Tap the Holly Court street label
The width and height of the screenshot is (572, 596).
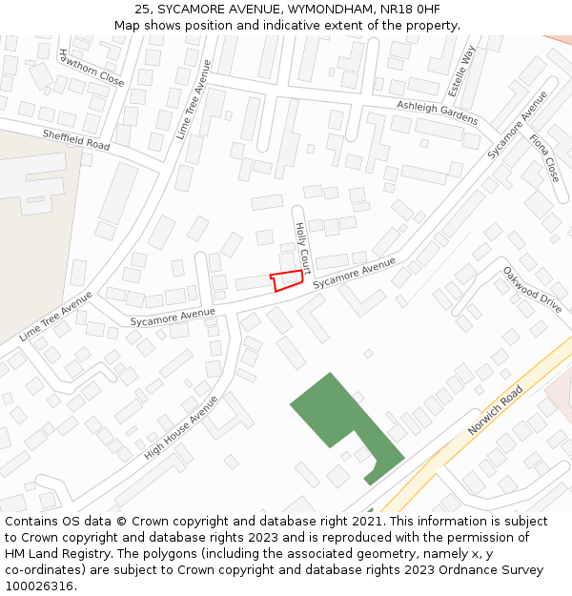[302, 249]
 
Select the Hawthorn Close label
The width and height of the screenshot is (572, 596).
[92, 68]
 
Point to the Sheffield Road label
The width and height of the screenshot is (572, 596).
[76, 140]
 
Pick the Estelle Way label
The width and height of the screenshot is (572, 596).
[468, 68]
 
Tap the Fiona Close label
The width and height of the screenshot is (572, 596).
[544, 158]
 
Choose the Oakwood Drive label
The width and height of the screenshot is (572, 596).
[533, 289]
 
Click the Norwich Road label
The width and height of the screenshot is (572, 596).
[496, 411]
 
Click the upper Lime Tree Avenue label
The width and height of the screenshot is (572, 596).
[194, 99]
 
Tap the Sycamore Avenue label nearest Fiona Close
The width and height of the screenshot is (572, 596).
[519, 125]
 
